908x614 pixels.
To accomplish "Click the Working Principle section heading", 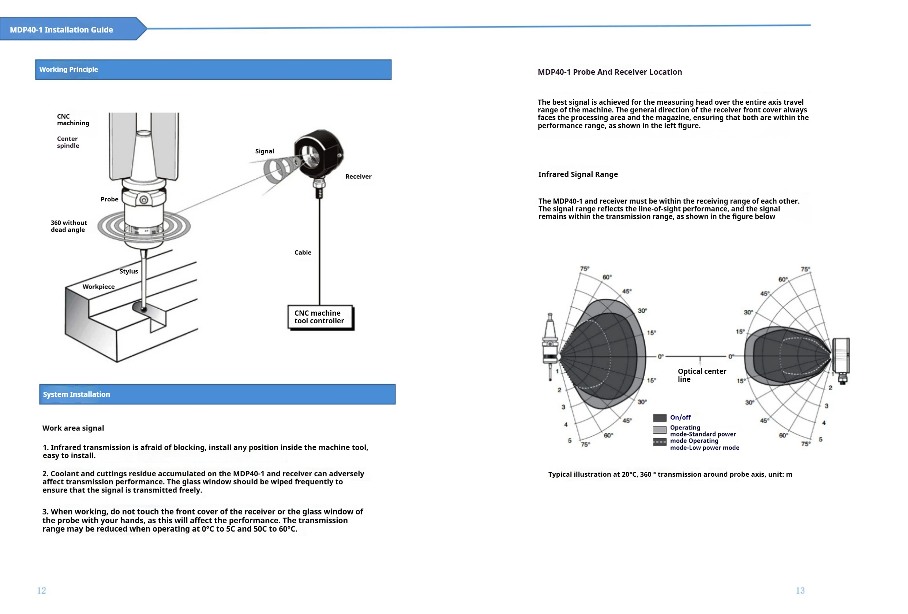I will pos(69,70).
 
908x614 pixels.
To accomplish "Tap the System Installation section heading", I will pos(76,395).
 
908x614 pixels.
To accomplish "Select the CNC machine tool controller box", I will pos(320,317).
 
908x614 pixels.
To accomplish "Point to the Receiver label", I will pos(358,177).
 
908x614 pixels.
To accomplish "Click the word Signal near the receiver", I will pos(264,151).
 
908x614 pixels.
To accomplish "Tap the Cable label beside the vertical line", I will pos(303,253).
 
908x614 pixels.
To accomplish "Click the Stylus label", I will pos(128,271).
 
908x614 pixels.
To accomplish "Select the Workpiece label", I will pos(98,287).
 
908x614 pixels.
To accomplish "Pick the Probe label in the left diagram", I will pos(109,200).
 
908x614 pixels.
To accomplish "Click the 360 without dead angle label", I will pos(69,226).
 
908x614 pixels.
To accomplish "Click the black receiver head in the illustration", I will pos(318,153).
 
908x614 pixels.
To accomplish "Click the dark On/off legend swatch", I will pos(660,418).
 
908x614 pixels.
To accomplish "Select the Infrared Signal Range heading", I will pos(578,174).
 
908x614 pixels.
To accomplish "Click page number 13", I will pos(800,591).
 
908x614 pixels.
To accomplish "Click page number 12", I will pos(41,591).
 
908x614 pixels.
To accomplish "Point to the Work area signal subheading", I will pos(73,428).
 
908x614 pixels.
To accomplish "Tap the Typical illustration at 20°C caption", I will pos(670,475).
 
